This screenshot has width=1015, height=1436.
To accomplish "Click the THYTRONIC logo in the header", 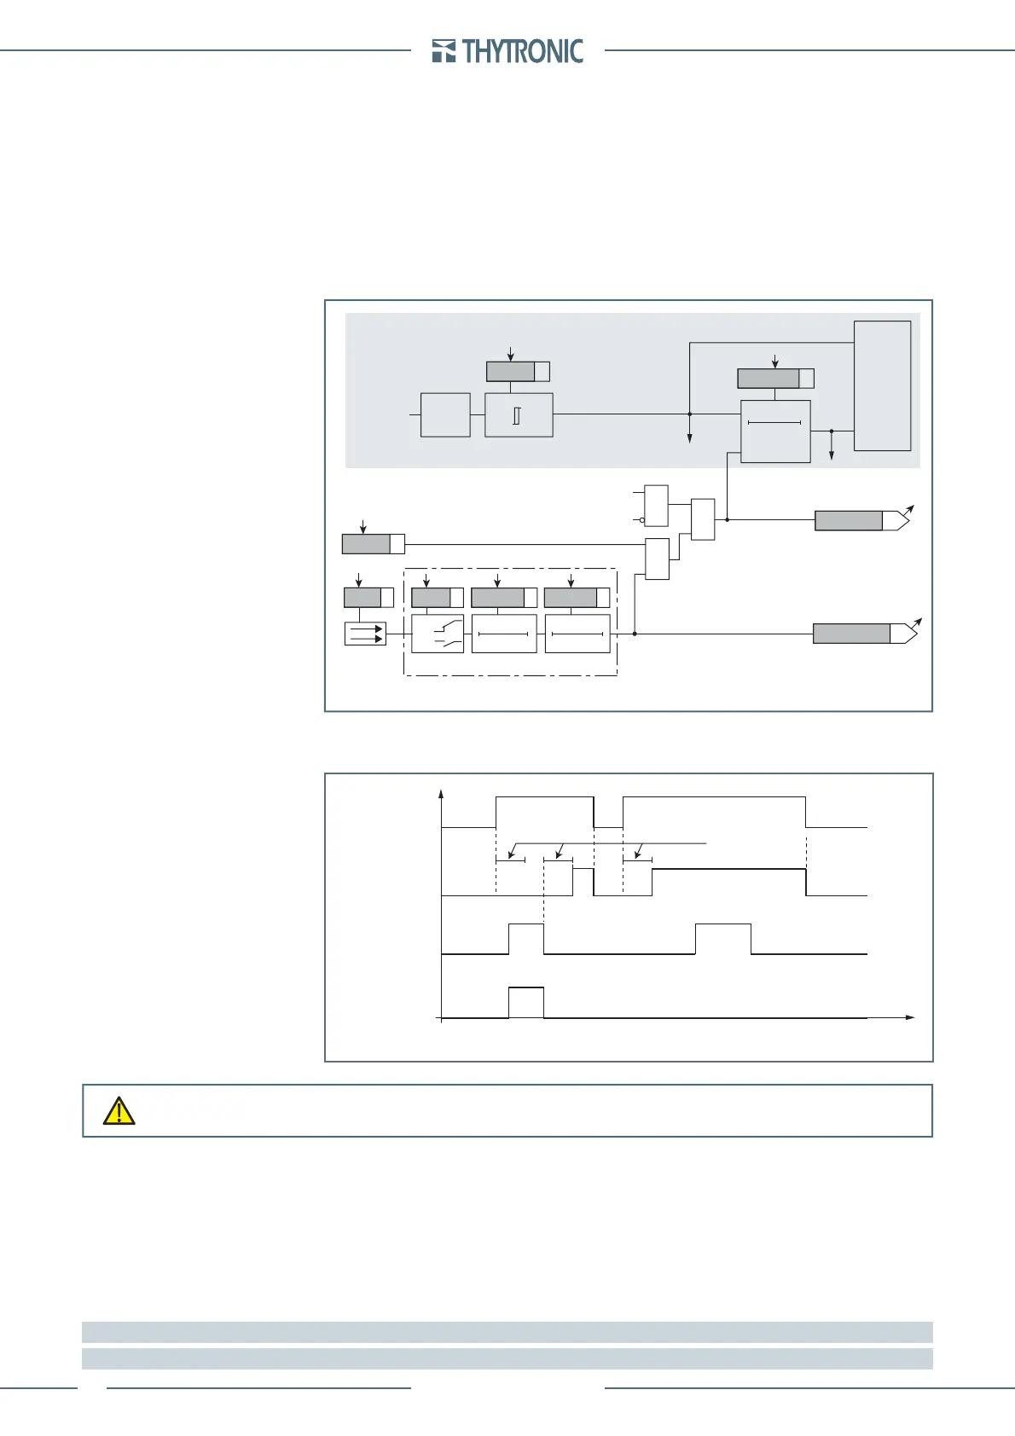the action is point(508,51).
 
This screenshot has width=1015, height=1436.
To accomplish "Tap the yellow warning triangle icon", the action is point(119,1110).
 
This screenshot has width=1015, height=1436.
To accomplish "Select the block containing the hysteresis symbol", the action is point(519,415).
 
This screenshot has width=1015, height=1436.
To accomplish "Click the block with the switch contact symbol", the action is point(438,634).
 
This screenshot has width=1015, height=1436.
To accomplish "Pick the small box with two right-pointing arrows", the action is point(365,634).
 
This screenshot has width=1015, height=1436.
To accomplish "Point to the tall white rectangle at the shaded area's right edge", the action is point(883,385).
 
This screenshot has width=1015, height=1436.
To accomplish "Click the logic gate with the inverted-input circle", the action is point(656,506).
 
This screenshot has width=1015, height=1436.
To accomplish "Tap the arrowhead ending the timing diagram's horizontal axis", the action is point(910,1017).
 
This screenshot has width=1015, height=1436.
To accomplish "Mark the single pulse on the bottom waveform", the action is point(526,1001).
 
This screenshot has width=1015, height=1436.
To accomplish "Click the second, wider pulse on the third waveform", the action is point(723,938).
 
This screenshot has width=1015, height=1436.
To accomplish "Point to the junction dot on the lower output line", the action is point(635,634).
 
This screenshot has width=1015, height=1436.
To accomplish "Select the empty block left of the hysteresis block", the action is point(445,415).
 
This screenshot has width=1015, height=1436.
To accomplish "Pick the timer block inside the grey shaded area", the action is point(775,431).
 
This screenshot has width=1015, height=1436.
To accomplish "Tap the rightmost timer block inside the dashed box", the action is point(577,634).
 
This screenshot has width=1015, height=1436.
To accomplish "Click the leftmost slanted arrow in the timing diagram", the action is point(511,851).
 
